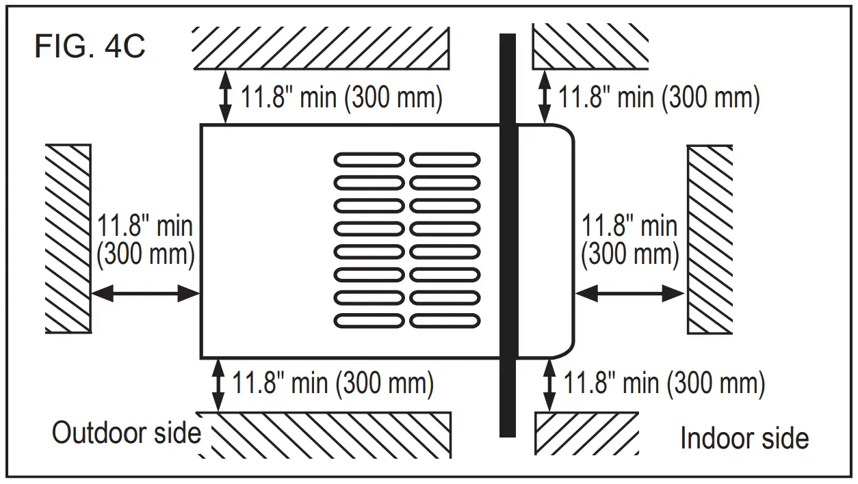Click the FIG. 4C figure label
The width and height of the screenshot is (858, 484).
coord(90,47)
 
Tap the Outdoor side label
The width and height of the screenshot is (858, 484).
coord(127,433)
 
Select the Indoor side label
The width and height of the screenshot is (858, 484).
coord(744,438)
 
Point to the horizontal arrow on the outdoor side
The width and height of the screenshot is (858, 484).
coord(145,294)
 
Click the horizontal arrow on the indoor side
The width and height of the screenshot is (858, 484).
coord(630,294)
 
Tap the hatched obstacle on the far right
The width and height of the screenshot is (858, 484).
coord(710,239)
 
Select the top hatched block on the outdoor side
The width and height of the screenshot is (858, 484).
coord(322,48)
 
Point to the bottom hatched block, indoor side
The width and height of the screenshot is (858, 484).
coord(586,433)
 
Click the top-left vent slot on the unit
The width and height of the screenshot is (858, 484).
coord(369,160)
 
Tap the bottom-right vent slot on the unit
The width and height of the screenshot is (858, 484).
coord(445,321)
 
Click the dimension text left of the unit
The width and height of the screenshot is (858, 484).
coord(146,239)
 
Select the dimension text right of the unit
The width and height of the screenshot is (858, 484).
coord(629,239)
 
